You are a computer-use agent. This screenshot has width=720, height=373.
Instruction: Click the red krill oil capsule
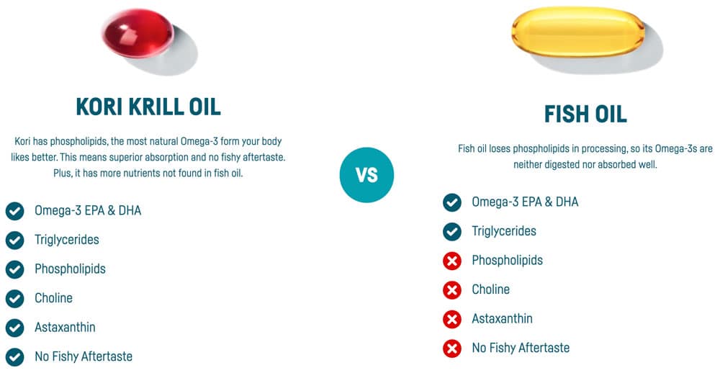click(x=137, y=35)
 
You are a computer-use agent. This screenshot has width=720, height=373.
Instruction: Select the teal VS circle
click(x=366, y=175)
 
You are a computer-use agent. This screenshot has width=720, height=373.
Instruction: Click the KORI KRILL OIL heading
click(x=148, y=107)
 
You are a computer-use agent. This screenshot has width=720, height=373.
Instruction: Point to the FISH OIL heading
click(x=585, y=114)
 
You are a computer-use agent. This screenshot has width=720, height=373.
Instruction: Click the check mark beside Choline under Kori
click(x=14, y=298)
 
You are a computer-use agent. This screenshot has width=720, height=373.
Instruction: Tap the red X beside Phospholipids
click(x=452, y=261)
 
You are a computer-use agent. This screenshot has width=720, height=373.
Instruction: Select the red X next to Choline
click(x=452, y=289)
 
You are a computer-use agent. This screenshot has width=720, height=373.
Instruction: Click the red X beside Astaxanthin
click(x=452, y=319)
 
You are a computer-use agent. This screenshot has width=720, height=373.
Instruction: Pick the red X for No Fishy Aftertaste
click(x=452, y=348)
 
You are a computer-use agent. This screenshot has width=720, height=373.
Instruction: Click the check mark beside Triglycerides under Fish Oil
click(x=452, y=231)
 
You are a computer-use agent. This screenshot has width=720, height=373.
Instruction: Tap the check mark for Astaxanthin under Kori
click(x=14, y=328)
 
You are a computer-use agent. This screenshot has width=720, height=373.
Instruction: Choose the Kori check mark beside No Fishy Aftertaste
click(x=14, y=356)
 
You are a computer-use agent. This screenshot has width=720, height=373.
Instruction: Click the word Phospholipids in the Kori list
click(x=70, y=269)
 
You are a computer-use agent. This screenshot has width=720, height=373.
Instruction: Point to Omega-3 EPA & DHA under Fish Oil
click(x=525, y=202)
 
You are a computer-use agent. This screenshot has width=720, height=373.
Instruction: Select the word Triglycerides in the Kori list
click(x=67, y=240)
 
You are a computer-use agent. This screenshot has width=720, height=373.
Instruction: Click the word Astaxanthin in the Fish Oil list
click(x=502, y=318)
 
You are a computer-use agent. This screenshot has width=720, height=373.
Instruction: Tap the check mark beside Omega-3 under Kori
click(x=14, y=211)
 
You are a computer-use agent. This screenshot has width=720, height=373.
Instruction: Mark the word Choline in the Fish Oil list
click(x=490, y=289)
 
